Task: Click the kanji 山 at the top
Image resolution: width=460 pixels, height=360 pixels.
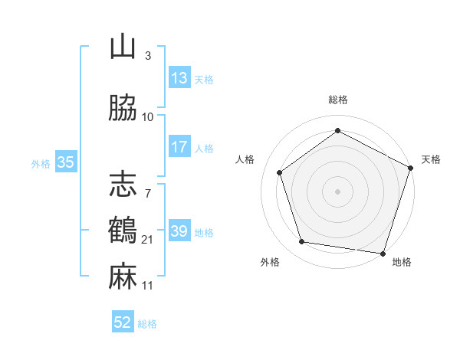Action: (123, 47)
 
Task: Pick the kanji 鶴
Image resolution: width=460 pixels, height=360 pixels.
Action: (123, 231)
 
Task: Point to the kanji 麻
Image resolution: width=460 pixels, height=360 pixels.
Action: (123, 277)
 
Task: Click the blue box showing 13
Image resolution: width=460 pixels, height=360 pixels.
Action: (179, 78)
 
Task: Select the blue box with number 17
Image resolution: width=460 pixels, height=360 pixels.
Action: (179, 147)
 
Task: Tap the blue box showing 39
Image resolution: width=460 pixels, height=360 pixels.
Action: (179, 231)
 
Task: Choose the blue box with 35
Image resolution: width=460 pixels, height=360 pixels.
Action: (65, 162)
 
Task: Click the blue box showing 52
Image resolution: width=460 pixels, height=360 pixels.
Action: (123, 322)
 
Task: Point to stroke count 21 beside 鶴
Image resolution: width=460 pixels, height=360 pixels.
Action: (148, 240)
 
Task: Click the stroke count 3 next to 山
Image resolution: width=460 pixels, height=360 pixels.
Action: (147, 56)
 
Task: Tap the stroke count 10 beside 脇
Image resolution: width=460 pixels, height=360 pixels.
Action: (148, 117)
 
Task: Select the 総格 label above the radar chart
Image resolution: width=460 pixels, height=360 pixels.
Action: (337, 100)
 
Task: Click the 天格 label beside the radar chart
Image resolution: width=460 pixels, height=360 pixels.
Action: (431, 159)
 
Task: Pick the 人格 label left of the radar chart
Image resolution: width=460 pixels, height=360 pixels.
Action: (245, 159)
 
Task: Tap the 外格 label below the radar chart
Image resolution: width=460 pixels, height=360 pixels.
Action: (269, 262)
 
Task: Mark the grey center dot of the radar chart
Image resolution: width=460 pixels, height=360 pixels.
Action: (337, 191)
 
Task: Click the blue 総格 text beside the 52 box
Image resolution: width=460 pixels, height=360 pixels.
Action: (147, 323)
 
